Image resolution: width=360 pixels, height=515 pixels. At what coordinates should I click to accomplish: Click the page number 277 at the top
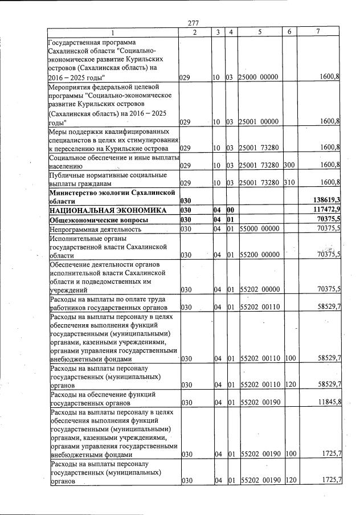(192, 23)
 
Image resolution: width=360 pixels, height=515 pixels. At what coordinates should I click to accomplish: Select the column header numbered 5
(260, 32)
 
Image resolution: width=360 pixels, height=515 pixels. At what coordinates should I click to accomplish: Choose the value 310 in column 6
(289, 182)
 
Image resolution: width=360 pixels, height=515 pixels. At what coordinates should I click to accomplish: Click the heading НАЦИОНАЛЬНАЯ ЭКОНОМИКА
(107, 210)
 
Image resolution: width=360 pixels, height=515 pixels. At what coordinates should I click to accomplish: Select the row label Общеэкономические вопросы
(99, 219)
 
